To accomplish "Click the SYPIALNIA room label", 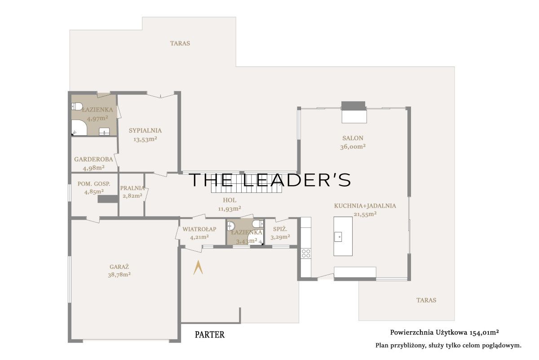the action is click(x=145, y=130).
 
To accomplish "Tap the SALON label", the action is click(x=353, y=138).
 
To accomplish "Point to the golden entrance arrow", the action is click(x=198, y=267).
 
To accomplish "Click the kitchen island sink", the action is click(x=338, y=237).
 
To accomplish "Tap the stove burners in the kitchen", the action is click(x=306, y=253).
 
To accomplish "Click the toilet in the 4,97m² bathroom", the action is click(x=77, y=107).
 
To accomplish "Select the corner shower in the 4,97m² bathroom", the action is click(x=79, y=128).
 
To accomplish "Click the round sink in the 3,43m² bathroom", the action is click(x=231, y=226).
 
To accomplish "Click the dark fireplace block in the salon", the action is click(x=353, y=106).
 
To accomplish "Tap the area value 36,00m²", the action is click(x=353, y=147).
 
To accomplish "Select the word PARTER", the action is click(x=210, y=334).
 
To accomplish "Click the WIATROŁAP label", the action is click(x=199, y=229).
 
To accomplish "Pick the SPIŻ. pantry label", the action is click(x=280, y=229).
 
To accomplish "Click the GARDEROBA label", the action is click(x=93, y=160).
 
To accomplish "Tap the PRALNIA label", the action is click(x=133, y=188).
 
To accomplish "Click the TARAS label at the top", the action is click(x=180, y=43).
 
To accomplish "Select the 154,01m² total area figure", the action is click(x=484, y=333).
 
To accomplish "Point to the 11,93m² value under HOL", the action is click(x=230, y=209).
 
